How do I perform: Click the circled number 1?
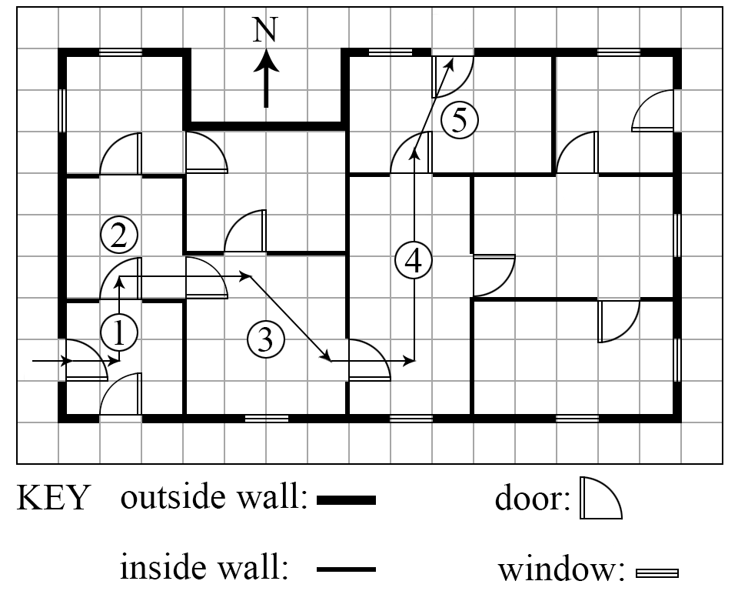pos(119,332)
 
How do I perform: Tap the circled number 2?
pos(119,235)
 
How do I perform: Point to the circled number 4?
pos(414,261)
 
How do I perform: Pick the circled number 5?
pos(460,120)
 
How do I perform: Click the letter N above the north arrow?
pos(265,30)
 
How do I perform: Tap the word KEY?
pos(52,498)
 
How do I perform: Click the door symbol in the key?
pos(601,498)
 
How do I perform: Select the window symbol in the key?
pos(657,573)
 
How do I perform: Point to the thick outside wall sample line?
pos(347,500)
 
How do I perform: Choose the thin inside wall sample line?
pos(347,569)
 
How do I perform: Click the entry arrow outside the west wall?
pos(52,361)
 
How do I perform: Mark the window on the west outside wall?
pos(62,110)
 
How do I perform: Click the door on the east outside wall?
pos(653,110)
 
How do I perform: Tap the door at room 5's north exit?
pos(453,77)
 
